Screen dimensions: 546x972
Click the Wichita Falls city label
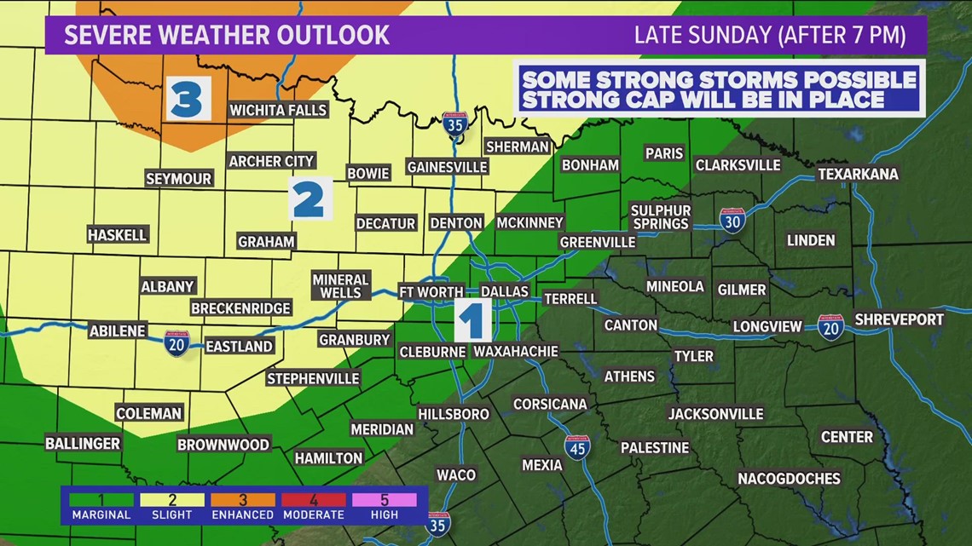coord(278,110)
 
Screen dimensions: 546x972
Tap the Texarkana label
coord(858,174)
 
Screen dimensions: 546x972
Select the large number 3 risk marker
coord(188,99)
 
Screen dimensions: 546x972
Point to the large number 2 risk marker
coord(309,199)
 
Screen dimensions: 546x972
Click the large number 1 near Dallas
coord(472,320)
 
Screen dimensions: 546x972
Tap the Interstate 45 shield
coord(577,446)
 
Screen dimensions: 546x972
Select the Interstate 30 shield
coord(732,220)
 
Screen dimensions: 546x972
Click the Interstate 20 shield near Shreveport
coord(830,327)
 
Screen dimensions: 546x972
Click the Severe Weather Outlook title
coord(227,35)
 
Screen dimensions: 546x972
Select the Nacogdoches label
coord(789,478)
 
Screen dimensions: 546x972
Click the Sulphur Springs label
coord(661,217)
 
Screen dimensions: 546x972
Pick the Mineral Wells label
coord(340,286)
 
